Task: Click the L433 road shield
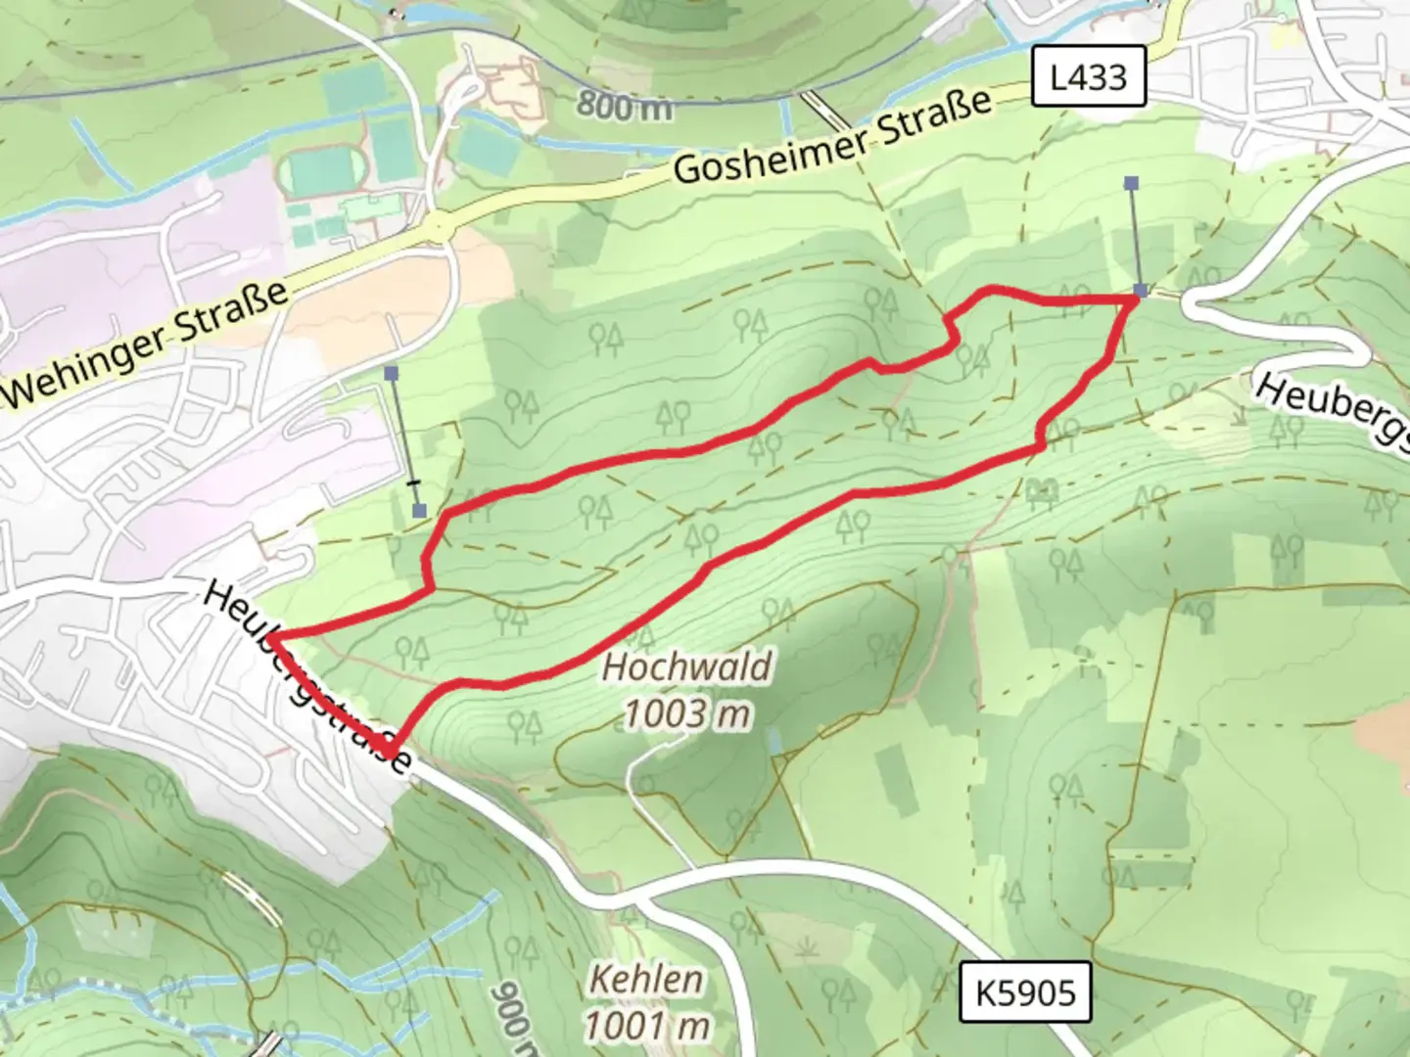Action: coord(1089,76)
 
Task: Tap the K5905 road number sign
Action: coord(1025,992)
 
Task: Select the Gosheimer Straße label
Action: coord(833,136)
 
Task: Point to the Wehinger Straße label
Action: coord(147,345)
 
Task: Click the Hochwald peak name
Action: coord(686,667)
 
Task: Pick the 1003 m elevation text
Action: coord(686,714)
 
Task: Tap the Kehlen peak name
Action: coord(645,980)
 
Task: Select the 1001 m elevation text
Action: coord(647,1026)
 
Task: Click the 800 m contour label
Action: coord(624,104)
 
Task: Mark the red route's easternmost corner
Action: coord(1136,299)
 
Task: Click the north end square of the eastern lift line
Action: coord(1132,183)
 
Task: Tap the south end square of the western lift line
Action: coord(419,510)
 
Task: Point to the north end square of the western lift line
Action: coord(392,373)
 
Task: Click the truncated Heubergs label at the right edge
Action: coord(1332,409)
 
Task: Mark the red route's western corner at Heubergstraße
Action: coord(270,638)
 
